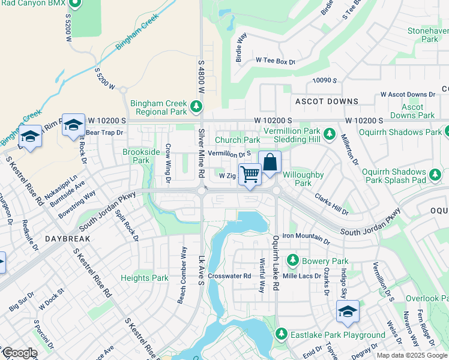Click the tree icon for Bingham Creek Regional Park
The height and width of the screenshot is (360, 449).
196,107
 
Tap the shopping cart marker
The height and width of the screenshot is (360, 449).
250,174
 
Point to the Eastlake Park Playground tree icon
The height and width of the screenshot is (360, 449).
280,334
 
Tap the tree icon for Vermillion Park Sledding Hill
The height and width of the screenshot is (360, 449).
328,133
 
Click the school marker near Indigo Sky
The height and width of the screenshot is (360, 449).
348,311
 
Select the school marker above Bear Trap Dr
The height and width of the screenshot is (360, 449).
73,125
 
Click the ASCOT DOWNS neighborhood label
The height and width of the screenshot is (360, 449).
326,102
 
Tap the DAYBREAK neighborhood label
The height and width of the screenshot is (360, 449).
67,239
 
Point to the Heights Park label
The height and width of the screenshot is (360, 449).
145,278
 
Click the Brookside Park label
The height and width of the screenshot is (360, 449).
141,157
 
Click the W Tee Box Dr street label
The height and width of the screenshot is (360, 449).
276,61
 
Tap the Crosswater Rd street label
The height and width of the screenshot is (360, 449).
230,276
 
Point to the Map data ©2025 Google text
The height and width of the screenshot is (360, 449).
411,355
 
